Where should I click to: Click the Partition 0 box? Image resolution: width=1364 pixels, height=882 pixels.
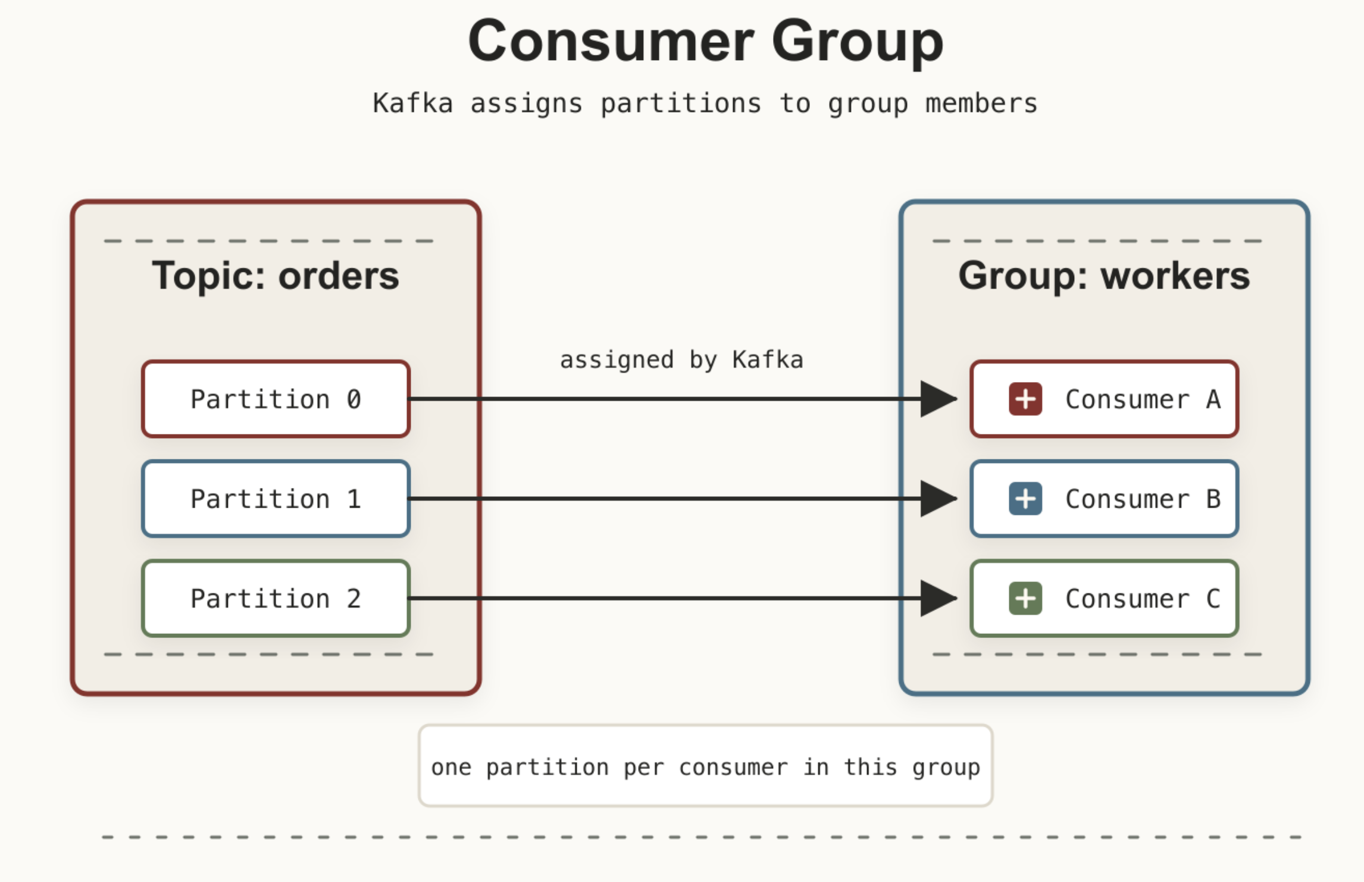(x=276, y=399)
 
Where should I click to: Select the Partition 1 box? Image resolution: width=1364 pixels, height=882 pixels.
(x=276, y=499)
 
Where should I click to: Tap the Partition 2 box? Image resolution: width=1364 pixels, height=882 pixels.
(x=276, y=598)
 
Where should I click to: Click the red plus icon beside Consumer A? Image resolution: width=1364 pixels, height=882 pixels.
(x=1025, y=399)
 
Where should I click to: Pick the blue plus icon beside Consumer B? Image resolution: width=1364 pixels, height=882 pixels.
(x=1025, y=499)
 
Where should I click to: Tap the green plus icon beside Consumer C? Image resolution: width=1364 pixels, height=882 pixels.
(x=1025, y=598)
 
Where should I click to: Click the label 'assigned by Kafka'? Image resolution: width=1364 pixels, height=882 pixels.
(x=681, y=360)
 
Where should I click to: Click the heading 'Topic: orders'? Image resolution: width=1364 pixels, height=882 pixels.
(x=276, y=276)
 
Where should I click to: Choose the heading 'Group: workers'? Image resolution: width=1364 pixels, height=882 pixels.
(x=1104, y=276)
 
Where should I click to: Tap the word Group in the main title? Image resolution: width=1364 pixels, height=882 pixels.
(x=858, y=43)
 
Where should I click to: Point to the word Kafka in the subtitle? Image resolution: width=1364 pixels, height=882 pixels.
(x=412, y=103)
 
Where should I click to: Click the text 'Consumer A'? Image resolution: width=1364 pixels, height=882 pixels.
(x=1143, y=399)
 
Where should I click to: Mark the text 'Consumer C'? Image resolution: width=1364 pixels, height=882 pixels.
(x=1143, y=599)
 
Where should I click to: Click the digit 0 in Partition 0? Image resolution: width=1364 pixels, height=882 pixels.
(x=354, y=399)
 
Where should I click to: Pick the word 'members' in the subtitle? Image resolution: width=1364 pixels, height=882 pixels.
(x=981, y=104)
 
